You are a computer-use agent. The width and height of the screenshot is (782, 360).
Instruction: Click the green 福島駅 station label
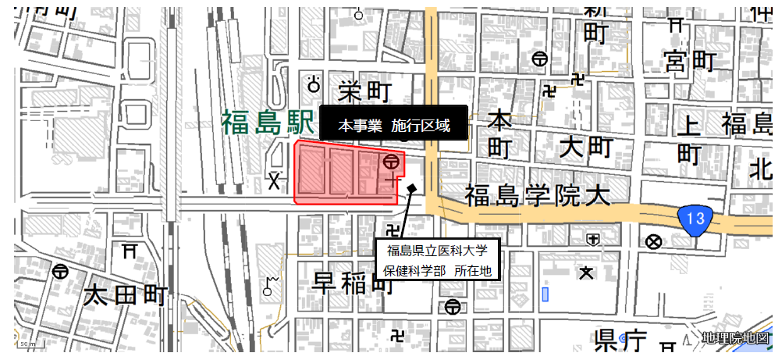266,122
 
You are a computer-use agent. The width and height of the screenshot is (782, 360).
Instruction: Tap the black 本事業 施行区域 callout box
393,125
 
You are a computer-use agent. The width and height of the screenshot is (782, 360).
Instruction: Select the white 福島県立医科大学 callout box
435,260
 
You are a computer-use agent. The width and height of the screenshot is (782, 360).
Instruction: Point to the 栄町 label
364,91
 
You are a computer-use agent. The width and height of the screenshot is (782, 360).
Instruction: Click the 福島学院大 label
537,195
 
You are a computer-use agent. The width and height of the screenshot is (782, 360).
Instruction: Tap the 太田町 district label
126,296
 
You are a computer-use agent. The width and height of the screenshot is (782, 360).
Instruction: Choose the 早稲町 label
353,283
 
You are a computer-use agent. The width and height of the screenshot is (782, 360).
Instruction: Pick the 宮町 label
690,60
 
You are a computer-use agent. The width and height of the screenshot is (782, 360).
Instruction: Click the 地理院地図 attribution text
735,337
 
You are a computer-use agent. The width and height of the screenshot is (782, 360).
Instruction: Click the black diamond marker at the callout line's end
411,187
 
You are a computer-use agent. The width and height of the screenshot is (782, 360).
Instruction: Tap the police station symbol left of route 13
653,241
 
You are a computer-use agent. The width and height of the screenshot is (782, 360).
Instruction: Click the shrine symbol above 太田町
130,251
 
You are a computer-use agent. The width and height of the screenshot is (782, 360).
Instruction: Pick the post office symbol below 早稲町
452,307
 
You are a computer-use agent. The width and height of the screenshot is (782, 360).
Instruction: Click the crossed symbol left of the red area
274,182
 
